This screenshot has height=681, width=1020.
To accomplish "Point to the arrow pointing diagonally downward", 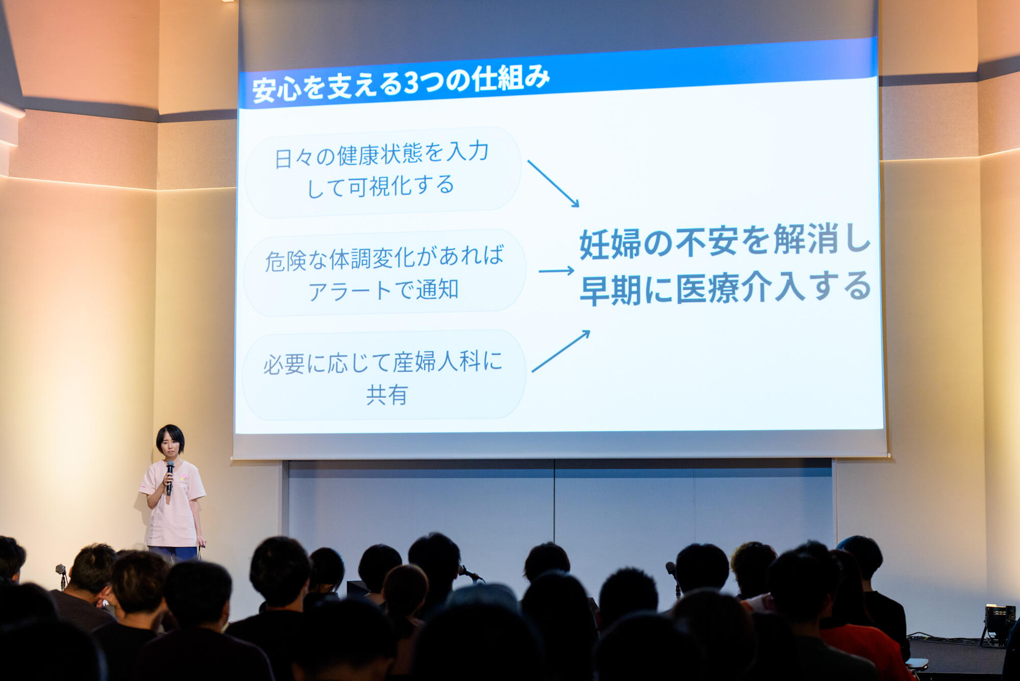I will [553, 184].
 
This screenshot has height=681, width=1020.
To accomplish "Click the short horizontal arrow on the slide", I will [556, 271].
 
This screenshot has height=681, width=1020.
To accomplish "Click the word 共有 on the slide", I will [387, 395].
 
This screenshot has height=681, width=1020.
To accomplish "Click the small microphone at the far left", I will [61, 573].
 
